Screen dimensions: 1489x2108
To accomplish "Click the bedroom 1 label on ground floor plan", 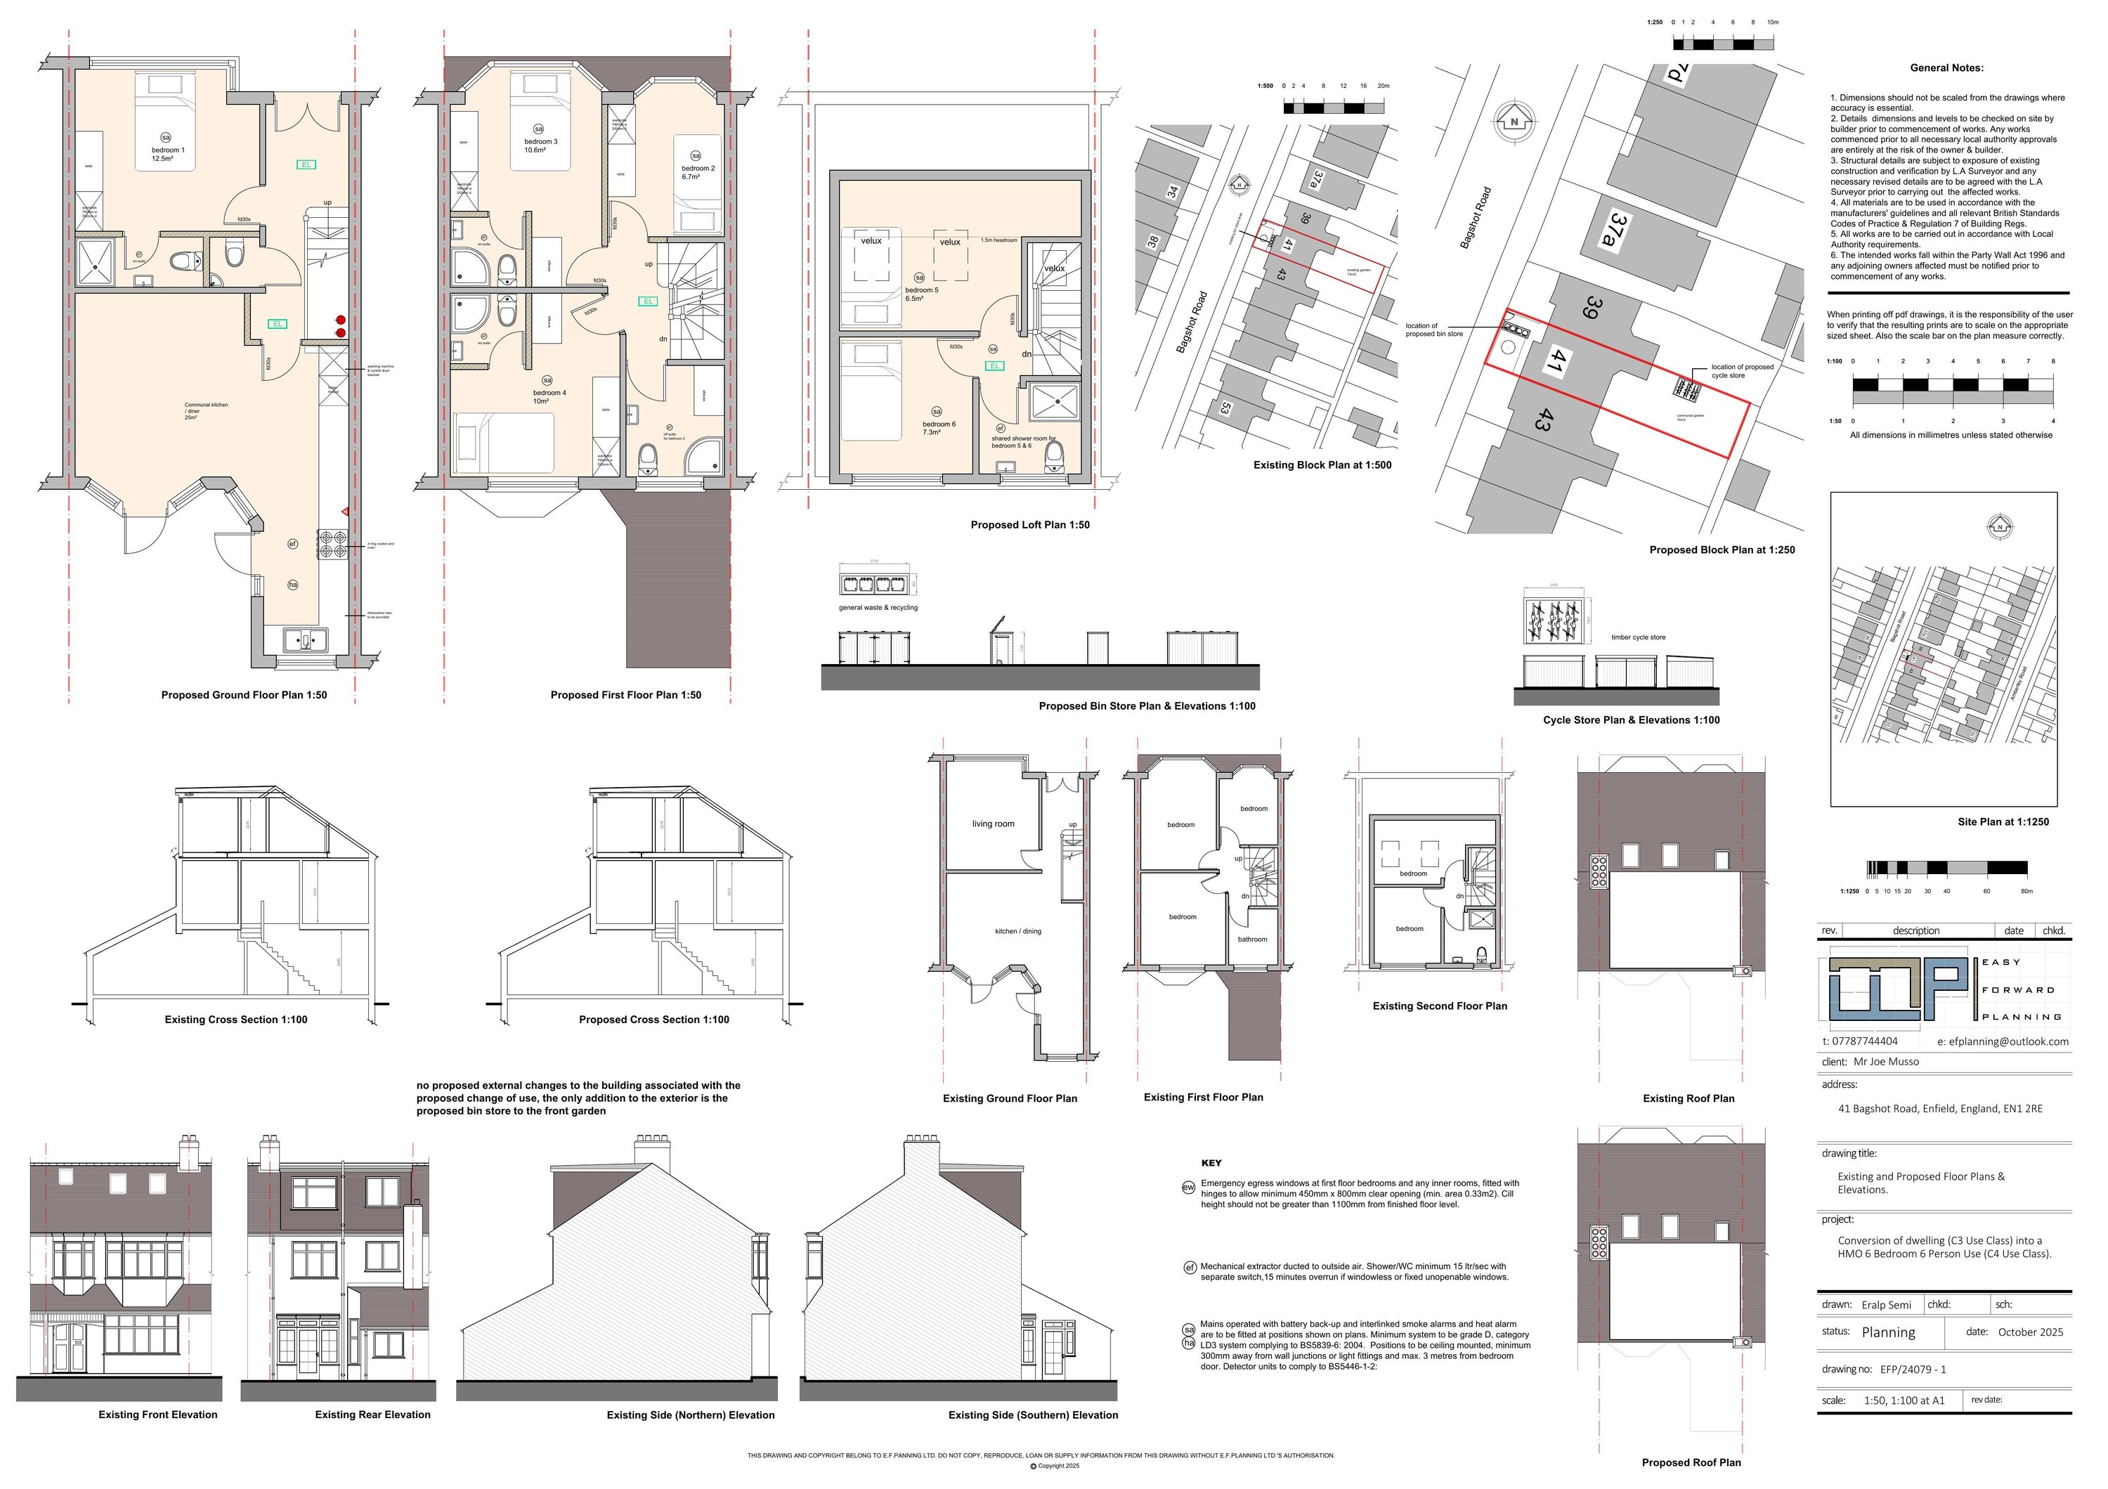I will point(168,150).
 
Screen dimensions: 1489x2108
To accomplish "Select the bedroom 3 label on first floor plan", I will point(541,141).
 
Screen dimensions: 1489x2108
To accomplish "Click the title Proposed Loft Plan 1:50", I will point(1029,525).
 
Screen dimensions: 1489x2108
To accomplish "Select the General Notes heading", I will point(1946,68).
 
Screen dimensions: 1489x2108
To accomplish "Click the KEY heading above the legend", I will point(1211,1163).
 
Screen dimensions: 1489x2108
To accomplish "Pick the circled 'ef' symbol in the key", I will point(1190,1268).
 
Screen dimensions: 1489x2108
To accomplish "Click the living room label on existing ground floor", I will point(994,824).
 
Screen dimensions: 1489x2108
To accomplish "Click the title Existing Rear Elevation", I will point(372,1415).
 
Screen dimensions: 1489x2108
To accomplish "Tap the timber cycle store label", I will point(1638,637).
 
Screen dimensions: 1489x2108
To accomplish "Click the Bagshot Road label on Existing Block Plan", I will point(1192,323).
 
